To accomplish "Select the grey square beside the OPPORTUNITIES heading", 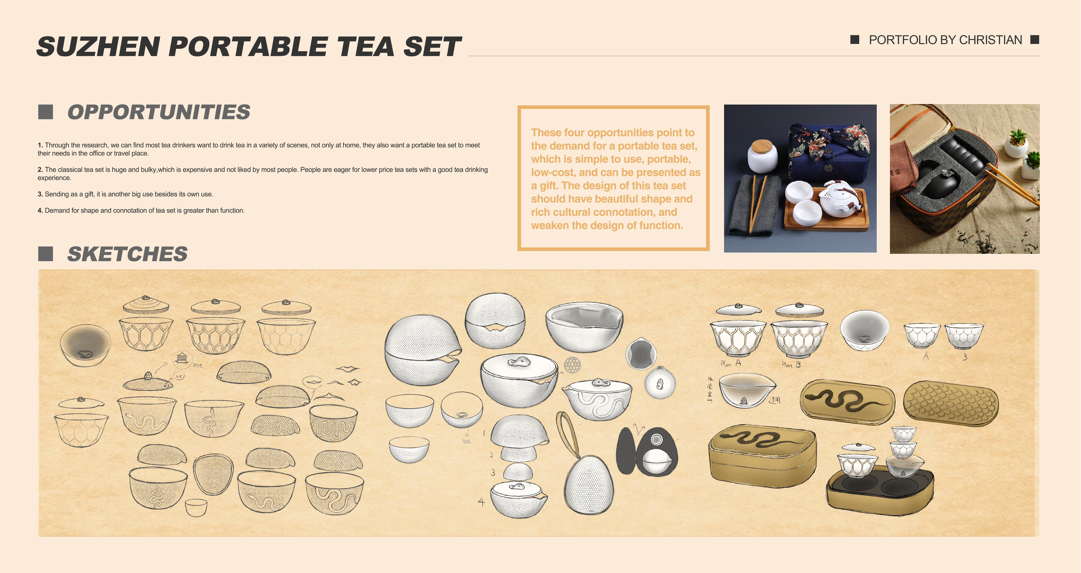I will tap(45, 112).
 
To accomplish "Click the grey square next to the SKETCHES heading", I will tap(45, 254).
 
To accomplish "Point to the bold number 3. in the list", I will tap(40, 194).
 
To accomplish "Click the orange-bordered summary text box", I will tap(613, 178).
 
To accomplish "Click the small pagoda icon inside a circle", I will tap(182, 359).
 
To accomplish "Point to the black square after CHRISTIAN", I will tap(1035, 40).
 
